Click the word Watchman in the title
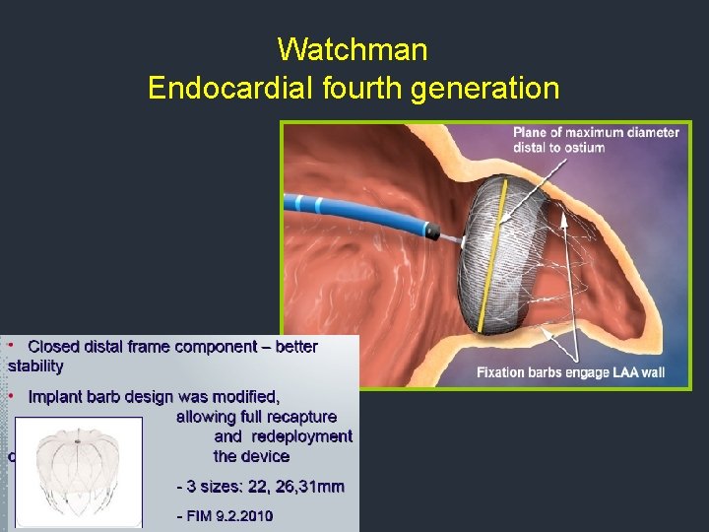[x=352, y=48]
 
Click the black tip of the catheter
[x=432, y=232]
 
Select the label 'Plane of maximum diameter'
[x=596, y=132]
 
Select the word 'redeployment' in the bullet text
[x=302, y=436]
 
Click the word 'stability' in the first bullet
[x=35, y=366]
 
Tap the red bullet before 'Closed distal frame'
[x=11, y=347]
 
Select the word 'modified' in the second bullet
[x=245, y=397]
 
